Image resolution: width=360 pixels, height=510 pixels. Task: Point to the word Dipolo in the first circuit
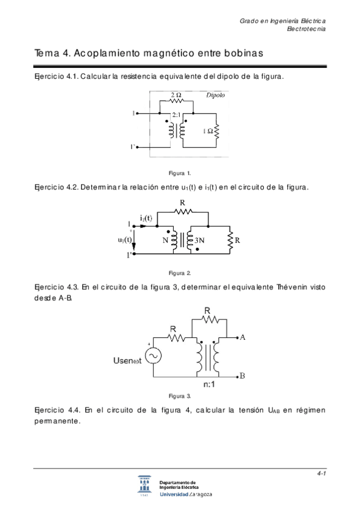point(216,95)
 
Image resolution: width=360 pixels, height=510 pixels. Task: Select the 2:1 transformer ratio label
point(176,114)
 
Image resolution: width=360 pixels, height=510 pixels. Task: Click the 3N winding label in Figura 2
point(200,241)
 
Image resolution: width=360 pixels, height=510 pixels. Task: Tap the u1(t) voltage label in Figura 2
point(125,240)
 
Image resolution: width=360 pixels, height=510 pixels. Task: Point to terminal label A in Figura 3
point(242,337)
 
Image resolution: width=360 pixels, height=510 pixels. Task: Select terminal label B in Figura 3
point(242,376)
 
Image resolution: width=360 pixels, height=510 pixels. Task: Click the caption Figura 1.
point(180,173)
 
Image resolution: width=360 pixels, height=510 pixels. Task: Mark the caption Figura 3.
point(180,396)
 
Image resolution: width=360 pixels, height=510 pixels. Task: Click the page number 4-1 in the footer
point(322,474)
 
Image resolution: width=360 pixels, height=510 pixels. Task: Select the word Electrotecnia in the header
point(307,29)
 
